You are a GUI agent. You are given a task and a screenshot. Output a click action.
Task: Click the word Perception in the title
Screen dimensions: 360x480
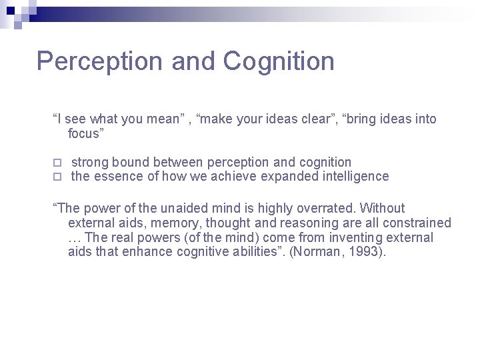click(100, 61)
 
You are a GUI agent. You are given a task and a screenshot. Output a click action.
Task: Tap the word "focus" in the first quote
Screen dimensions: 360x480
click(86, 133)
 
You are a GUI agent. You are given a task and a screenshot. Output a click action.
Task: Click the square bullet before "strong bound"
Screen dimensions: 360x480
click(57, 163)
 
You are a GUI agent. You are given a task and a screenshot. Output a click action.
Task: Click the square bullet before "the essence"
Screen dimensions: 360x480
click(57, 177)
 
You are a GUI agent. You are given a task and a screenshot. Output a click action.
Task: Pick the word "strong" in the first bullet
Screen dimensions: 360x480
click(90, 162)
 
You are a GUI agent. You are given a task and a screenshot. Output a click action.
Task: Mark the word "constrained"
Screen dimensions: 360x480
click(415, 223)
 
